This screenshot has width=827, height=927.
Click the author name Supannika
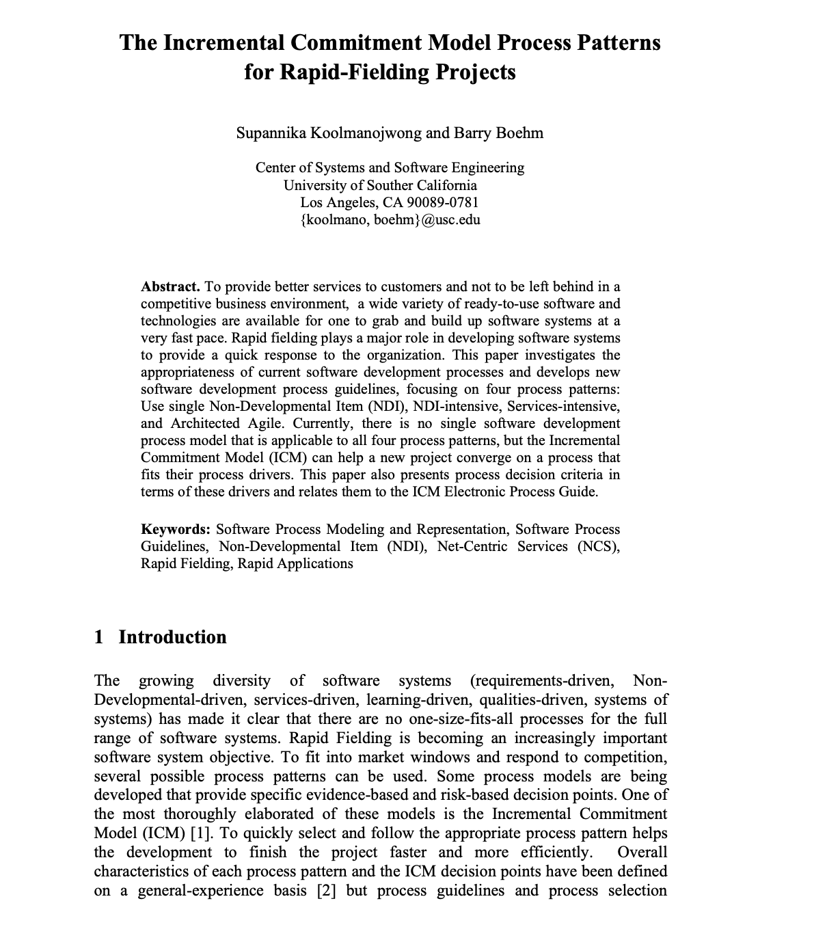pyautogui.click(x=271, y=133)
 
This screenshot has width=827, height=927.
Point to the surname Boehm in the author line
pyautogui.click(x=518, y=133)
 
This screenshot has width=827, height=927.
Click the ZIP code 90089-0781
pyautogui.click(x=442, y=202)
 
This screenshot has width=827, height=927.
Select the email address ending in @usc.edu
pyautogui.click(x=390, y=219)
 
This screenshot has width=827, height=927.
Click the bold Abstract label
pyautogui.click(x=170, y=286)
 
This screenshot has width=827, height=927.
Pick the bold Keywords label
pyautogui.click(x=176, y=529)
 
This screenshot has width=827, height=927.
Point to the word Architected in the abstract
pyautogui.click(x=205, y=423)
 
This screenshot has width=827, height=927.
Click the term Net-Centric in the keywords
pyautogui.click(x=472, y=546)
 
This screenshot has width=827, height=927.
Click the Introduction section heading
pyautogui.click(x=172, y=637)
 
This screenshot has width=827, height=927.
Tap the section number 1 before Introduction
pyautogui.click(x=99, y=637)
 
